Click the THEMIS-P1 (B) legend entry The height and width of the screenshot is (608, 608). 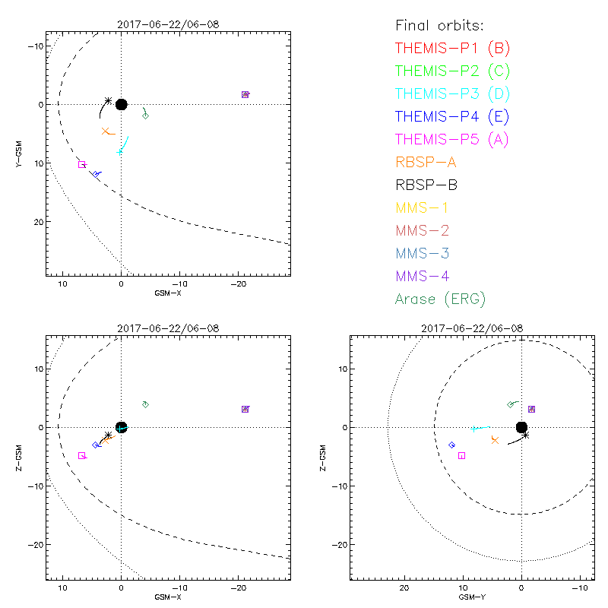pyautogui.click(x=452, y=48)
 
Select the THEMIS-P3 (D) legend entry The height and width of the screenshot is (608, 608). pyautogui.click(x=452, y=93)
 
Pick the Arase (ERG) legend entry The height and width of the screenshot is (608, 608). pyautogui.click(x=440, y=299)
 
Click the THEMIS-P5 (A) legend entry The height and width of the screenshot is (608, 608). pyautogui.click(x=452, y=139)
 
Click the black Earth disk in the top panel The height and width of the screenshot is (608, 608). pyautogui.click(x=121, y=104)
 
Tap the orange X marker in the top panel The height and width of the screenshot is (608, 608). pyautogui.click(x=106, y=131)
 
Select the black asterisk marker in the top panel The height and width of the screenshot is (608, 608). pyautogui.click(x=108, y=100)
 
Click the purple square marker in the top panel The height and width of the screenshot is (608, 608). pyautogui.click(x=245, y=94)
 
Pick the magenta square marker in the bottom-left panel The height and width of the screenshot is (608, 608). pyautogui.click(x=81, y=455)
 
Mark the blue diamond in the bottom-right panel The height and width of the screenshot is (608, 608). pyautogui.click(x=451, y=445)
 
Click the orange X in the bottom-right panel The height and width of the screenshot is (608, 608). pyautogui.click(x=495, y=440)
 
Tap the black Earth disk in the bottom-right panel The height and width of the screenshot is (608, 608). pyautogui.click(x=521, y=427)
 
